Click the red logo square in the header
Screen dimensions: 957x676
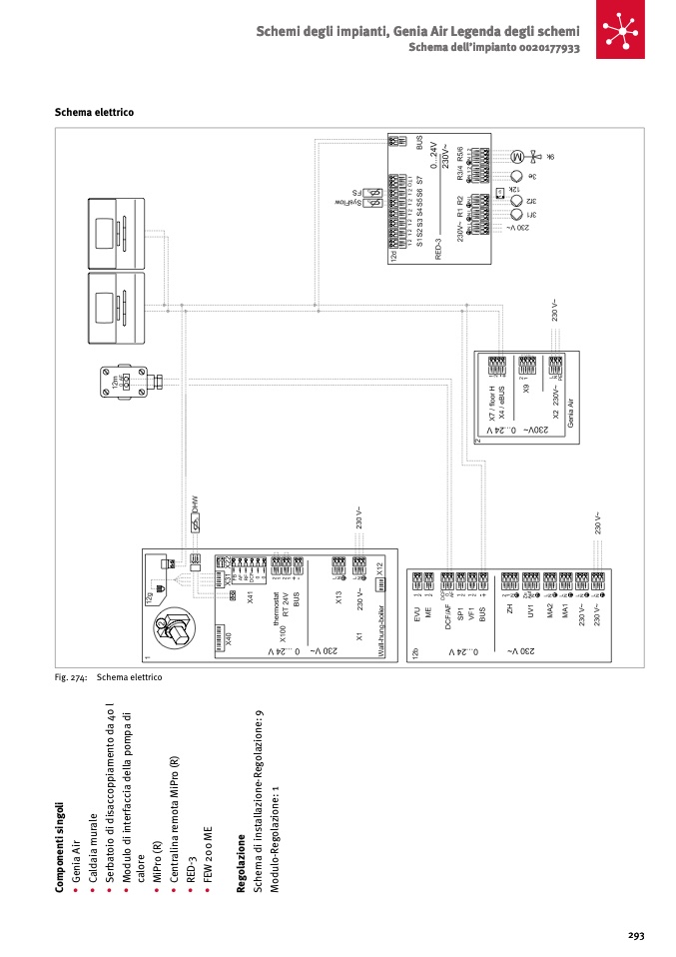tap(622, 31)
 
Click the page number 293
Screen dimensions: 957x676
tap(635, 935)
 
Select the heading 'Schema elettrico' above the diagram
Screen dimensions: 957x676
tap(94, 112)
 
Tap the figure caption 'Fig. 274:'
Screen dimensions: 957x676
tap(71, 677)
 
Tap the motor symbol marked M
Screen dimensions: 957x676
tap(517, 157)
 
